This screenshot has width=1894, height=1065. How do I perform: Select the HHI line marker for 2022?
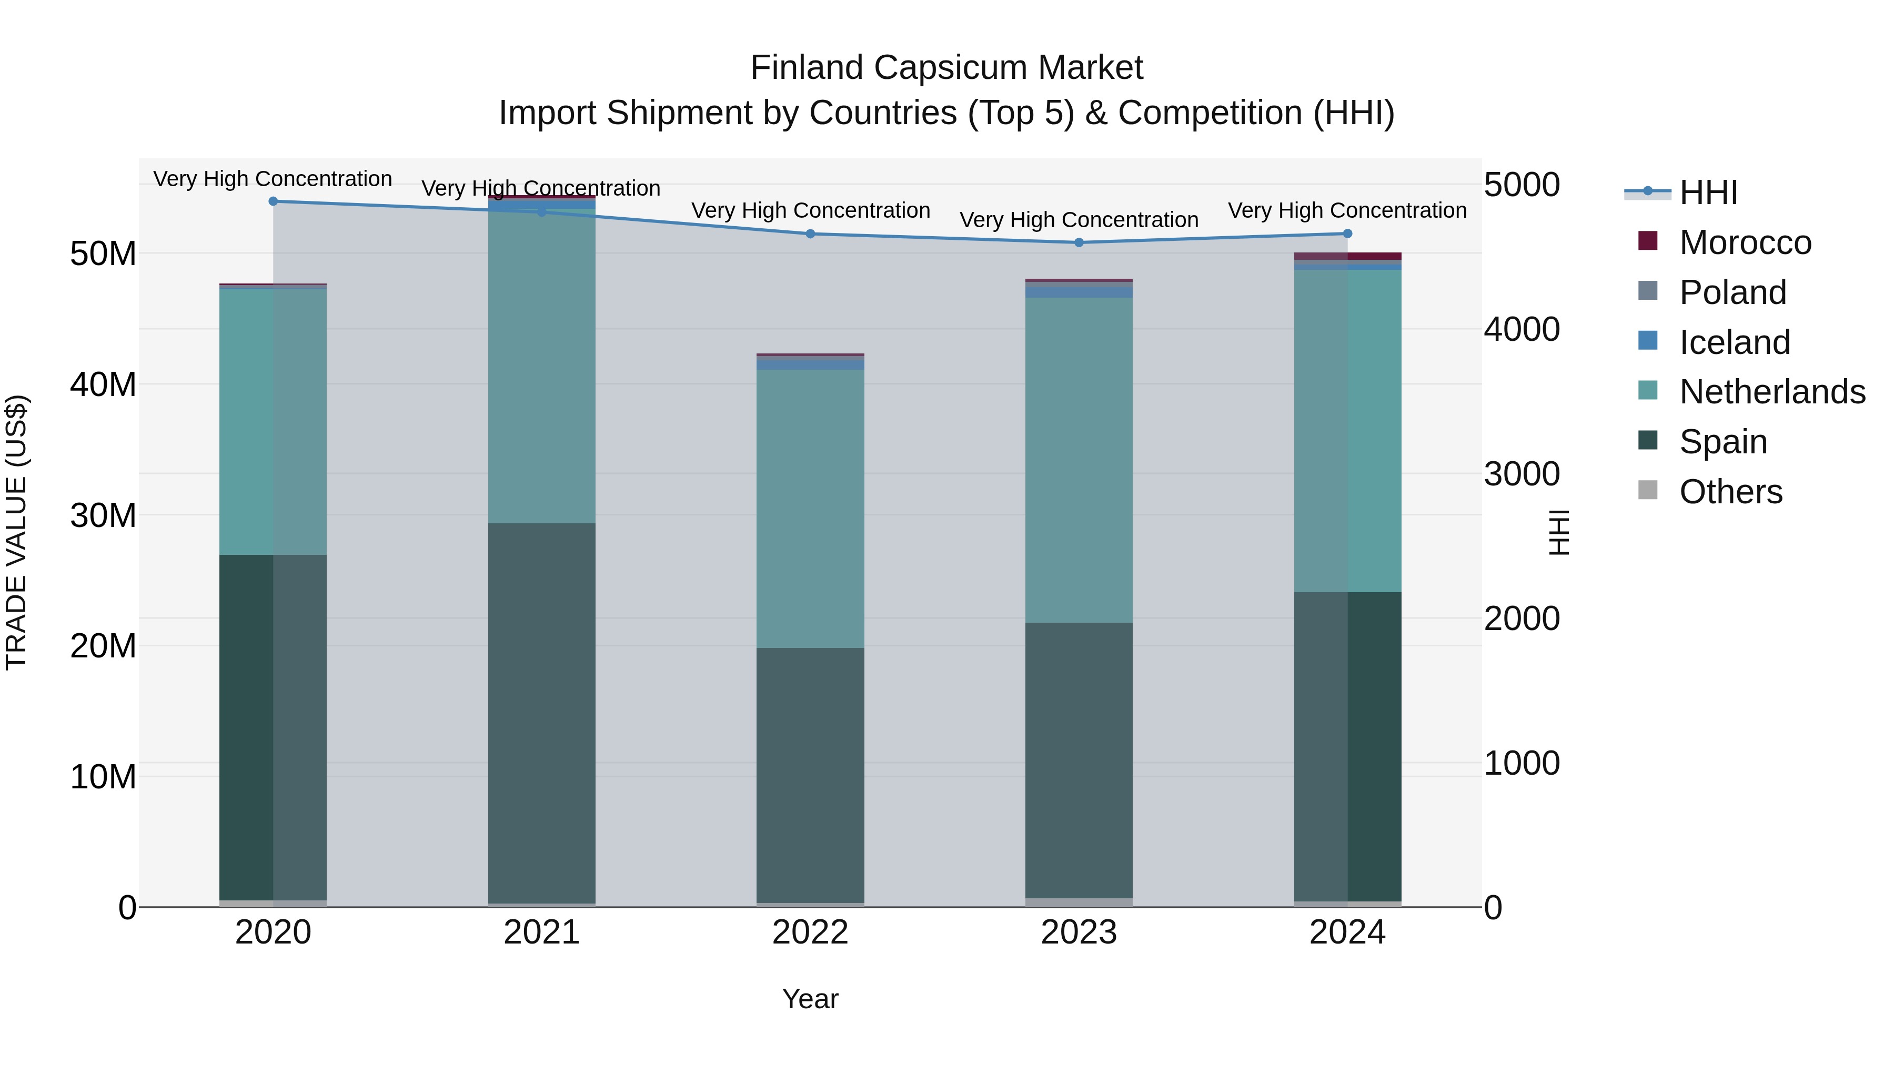[x=810, y=234]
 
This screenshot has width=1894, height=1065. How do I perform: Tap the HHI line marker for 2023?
[x=1079, y=242]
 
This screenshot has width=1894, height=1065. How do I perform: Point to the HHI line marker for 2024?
[x=1347, y=234]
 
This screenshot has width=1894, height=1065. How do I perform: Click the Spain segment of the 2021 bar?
[x=541, y=713]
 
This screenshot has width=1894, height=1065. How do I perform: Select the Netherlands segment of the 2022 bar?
[x=810, y=509]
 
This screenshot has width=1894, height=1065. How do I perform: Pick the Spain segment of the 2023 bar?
[x=1079, y=760]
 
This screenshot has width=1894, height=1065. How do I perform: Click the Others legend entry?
[x=1730, y=492]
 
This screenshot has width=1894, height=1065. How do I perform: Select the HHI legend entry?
[x=1708, y=192]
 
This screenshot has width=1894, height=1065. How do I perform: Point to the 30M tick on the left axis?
[x=103, y=515]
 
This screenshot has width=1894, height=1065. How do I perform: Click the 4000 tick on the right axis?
[x=1521, y=329]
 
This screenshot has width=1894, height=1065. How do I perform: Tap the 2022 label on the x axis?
[x=810, y=932]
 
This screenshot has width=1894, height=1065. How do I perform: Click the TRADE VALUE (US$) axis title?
[x=16, y=532]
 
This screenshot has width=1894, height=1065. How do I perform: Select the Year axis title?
[x=810, y=999]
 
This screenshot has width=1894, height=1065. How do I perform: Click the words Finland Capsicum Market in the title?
[x=946, y=68]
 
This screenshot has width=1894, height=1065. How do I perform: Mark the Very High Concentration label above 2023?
[x=1079, y=220]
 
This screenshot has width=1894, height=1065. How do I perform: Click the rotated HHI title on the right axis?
[x=1558, y=532]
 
